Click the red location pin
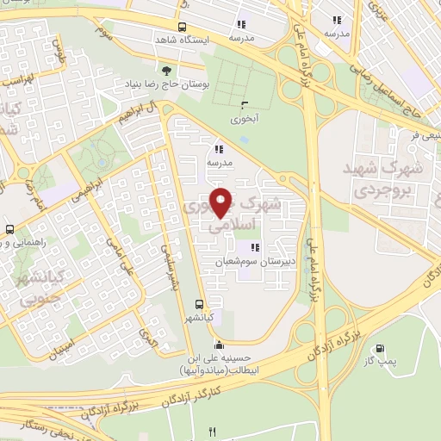222,202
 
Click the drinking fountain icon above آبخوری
243,102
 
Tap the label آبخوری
242,115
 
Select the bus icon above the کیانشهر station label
200,304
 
